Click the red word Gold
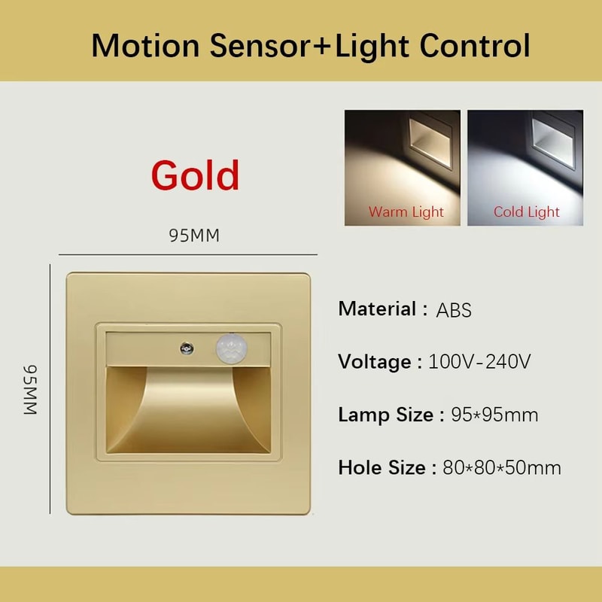[196, 175]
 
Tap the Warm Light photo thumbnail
[403, 167]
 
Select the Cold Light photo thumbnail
[525, 167]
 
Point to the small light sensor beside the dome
[185, 347]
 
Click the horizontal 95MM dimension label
[194, 236]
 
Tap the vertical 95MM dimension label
[29, 390]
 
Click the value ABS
[454, 309]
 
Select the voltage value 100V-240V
[480, 361]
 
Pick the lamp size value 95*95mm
[494, 415]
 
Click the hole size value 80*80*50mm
[502, 467]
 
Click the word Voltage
[373, 361]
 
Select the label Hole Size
[381, 467]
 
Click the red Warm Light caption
[406, 212]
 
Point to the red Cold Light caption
[527, 212]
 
